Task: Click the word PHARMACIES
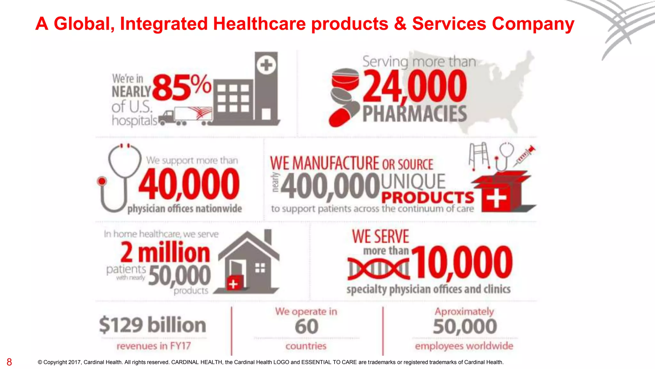415,114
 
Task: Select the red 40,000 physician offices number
189,184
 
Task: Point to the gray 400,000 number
330,186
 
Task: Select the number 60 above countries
306,327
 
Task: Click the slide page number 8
9,362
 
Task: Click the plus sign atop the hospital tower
266,65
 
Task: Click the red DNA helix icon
378,268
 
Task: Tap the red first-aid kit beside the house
235,283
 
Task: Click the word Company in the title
533,24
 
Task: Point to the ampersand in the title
400,24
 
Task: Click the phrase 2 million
165,252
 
